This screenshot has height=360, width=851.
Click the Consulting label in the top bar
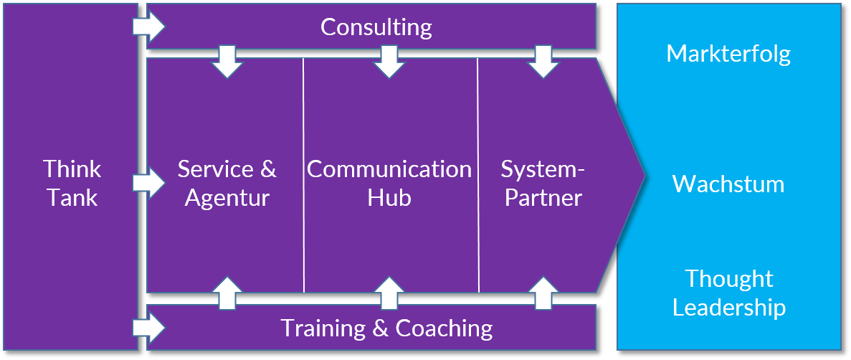point(376,27)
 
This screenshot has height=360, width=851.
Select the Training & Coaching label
point(386,328)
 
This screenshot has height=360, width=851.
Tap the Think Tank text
point(72,183)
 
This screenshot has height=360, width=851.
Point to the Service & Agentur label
point(227,183)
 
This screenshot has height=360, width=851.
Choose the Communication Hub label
point(389,183)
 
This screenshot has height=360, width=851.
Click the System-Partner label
point(543,183)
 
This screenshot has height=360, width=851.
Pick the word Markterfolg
point(728,54)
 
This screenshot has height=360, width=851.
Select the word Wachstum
point(728,184)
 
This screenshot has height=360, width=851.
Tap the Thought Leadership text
point(728,293)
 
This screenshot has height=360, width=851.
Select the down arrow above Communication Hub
point(389,62)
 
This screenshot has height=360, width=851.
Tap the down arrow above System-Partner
point(543,62)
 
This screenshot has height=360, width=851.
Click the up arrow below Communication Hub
point(389,293)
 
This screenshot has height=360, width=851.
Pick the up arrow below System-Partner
point(543,293)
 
